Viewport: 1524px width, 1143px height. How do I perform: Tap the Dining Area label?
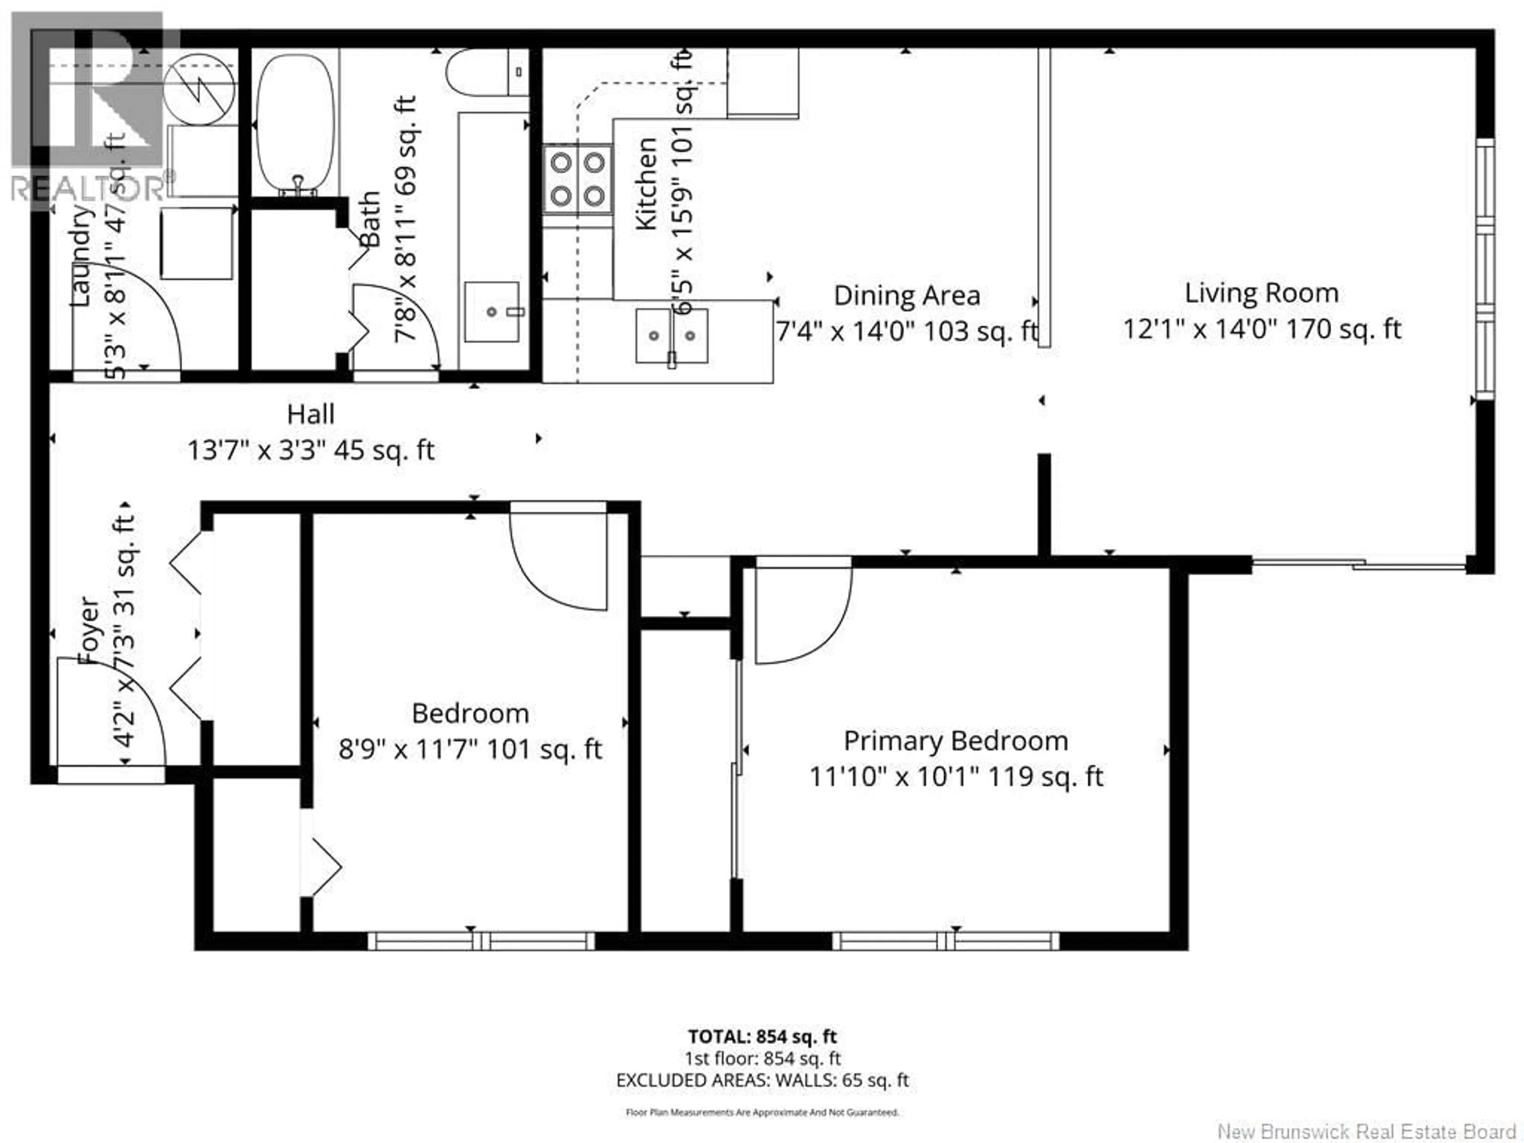tap(907, 296)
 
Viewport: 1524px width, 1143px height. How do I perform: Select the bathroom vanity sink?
tap(491, 312)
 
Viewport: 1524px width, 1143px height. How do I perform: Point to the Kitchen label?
tap(646, 184)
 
